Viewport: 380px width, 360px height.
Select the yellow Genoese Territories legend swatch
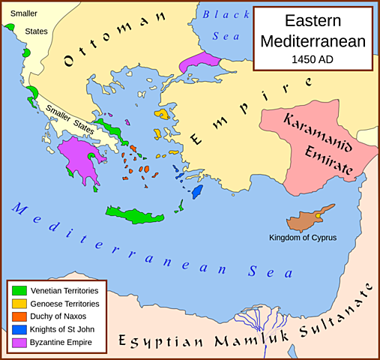[19, 304]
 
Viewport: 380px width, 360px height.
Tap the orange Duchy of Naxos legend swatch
[19, 316]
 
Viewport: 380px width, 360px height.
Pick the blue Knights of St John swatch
[19, 330]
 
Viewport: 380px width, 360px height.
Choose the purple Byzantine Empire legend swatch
[19, 343]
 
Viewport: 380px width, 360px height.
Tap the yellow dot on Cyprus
[318, 216]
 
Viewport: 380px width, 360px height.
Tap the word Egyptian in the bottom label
[157, 341]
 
